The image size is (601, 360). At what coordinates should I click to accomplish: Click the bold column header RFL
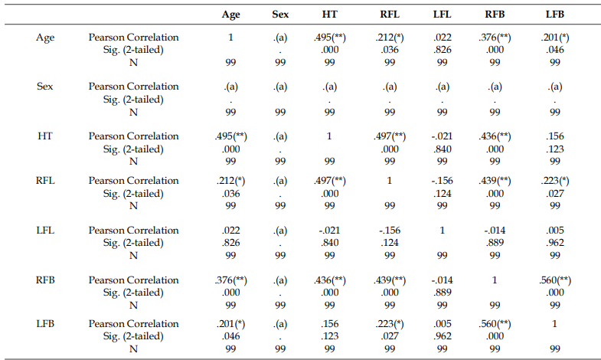(x=390, y=15)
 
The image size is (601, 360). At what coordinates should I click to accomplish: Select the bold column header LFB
(x=554, y=15)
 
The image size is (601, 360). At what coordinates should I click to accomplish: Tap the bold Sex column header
(x=280, y=15)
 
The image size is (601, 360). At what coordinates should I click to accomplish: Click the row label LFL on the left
(x=45, y=230)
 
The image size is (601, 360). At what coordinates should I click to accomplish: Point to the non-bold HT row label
(x=45, y=136)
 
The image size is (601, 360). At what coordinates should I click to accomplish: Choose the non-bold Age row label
(x=45, y=38)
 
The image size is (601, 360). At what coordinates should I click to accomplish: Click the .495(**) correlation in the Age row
(x=330, y=38)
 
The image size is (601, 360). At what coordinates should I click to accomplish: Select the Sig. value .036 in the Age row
(x=390, y=50)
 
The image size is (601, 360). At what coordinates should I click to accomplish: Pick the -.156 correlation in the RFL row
(x=443, y=181)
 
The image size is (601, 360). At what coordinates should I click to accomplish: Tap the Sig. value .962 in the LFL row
(x=555, y=243)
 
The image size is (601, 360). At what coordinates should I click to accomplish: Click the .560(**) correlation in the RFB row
(x=555, y=280)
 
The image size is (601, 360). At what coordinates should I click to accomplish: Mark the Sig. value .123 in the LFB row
(x=330, y=336)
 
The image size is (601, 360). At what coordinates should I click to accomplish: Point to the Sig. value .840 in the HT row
(x=443, y=149)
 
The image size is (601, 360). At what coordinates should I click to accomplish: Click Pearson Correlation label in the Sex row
(x=133, y=87)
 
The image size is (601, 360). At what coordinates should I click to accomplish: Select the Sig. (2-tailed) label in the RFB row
(x=133, y=293)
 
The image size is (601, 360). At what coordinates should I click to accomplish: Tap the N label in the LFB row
(x=133, y=349)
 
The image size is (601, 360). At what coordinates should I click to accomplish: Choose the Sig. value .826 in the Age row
(x=443, y=50)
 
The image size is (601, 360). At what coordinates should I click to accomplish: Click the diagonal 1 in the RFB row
(x=495, y=280)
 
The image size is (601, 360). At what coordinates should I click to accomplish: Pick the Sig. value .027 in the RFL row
(x=555, y=194)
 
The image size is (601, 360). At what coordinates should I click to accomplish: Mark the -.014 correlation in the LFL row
(x=495, y=231)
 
